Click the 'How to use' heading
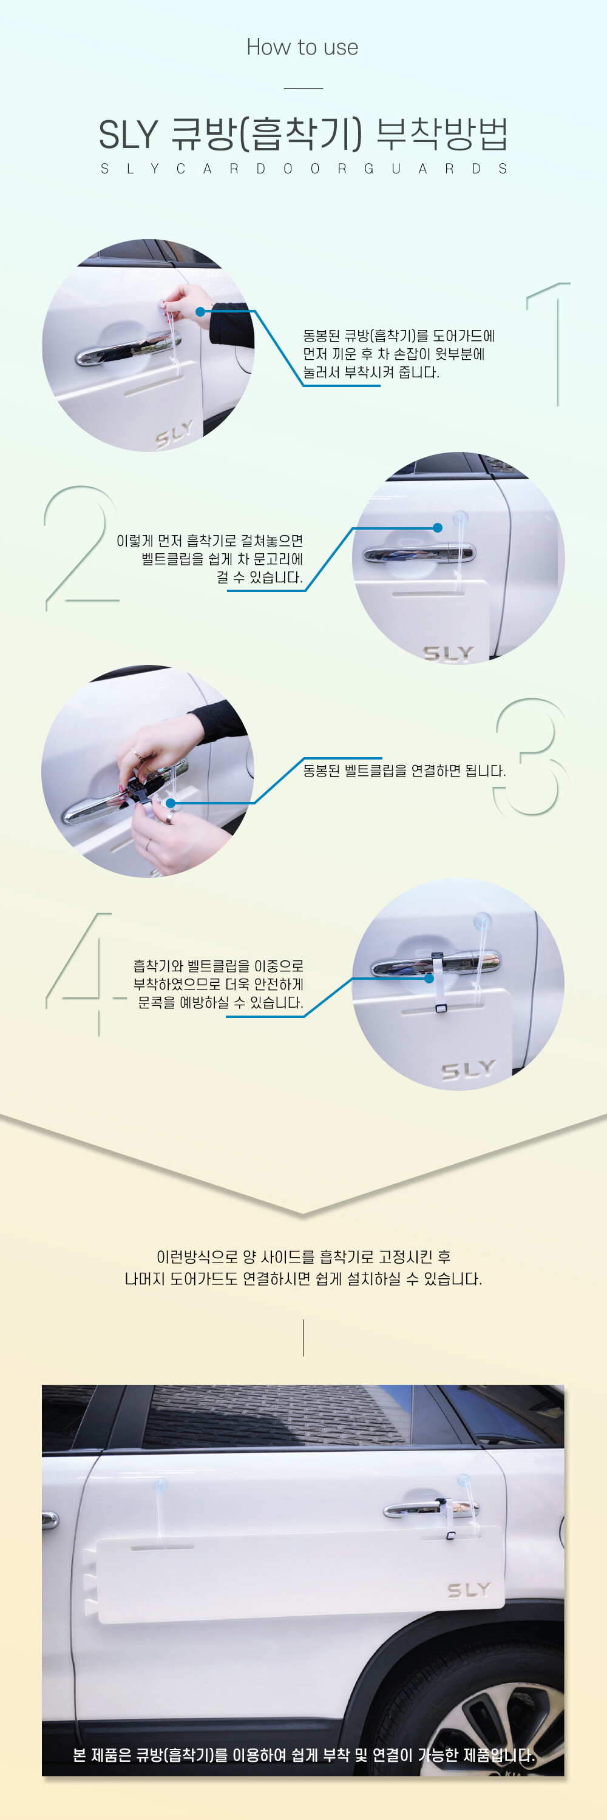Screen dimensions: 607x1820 point(302,47)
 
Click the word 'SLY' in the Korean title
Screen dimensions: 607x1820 point(128,134)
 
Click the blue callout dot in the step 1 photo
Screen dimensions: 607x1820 point(201,311)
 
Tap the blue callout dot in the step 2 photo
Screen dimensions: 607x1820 point(438,528)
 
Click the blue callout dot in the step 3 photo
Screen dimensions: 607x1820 point(171,803)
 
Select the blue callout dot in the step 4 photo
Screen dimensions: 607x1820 point(429,979)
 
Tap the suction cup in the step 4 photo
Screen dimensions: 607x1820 point(483,920)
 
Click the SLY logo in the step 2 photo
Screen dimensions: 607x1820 point(449,653)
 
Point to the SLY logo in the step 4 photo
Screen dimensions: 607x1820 point(469,1070)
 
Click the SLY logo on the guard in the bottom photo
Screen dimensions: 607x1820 point(469,1591)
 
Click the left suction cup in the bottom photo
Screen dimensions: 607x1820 point(160,1485)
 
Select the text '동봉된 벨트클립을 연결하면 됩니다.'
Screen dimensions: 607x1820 point(405,770)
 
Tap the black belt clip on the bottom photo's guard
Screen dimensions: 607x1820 point(450,1534)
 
